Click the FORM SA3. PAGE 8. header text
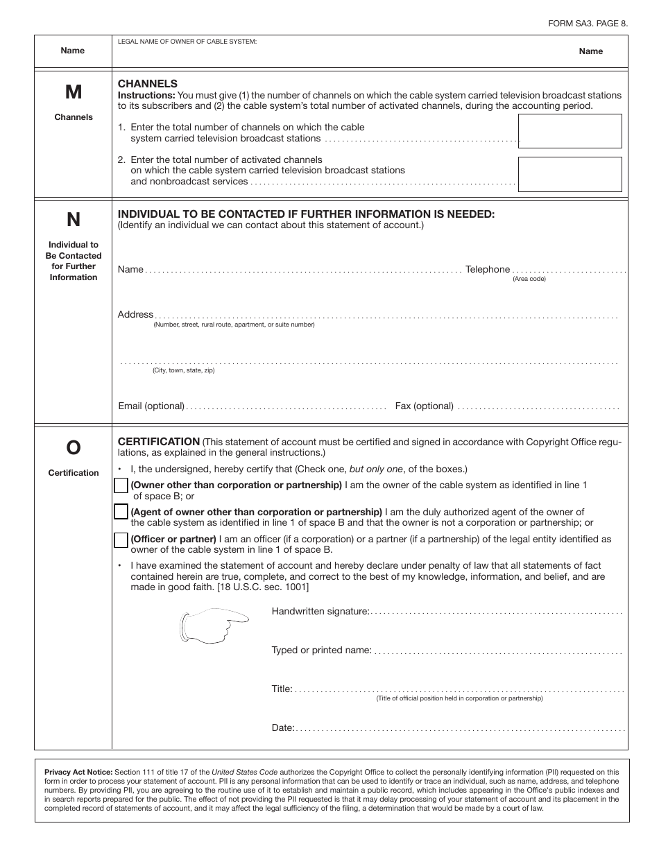tap(588, 23)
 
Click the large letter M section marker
tap(73, 92)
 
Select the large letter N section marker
tap(73, 220)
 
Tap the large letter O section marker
tap(73, 449)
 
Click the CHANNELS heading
tap(148, 83)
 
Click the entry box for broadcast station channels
tap(570, 131)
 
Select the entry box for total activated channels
tap(570, 174)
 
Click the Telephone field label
tap(488, 270)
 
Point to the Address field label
tap(135, 315)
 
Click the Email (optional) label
tap(151, 406)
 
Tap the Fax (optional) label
tap(424, 406)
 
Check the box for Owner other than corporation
tap(121, 486)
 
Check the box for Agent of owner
tap(121, 512)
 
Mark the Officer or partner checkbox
tap(121, 540)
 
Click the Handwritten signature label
tap(320, 612)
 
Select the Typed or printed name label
tap(322, 650)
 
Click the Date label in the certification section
tap(283, 728)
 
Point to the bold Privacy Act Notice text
tap(78, 772)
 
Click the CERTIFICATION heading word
tap(159, 442)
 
